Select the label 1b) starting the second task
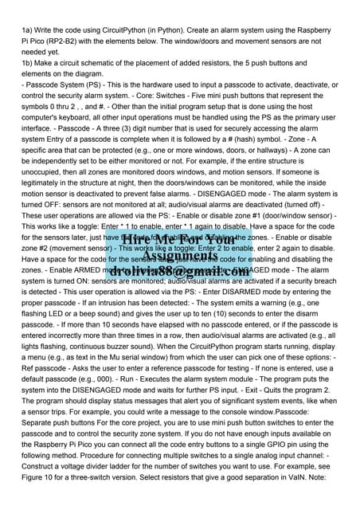[28, 61]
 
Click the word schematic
[108, 61]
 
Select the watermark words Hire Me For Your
[180, 239]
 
